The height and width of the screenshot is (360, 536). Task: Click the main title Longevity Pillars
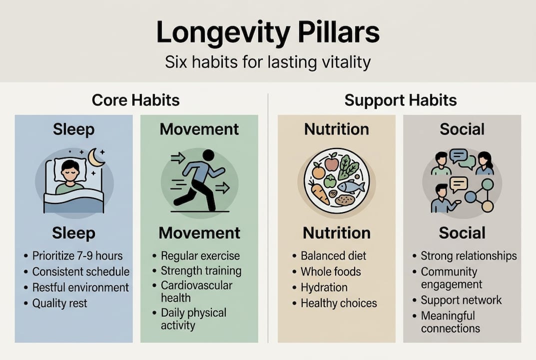tap(268, 32)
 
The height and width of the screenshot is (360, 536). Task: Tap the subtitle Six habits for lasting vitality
tap(268, 62)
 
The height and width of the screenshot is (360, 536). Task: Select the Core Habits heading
tap(136, 100)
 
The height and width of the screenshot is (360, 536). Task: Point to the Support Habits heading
tap(401, 100)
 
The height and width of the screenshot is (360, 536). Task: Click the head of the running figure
tap(208, 155)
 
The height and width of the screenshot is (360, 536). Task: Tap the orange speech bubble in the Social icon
tap(459, 185)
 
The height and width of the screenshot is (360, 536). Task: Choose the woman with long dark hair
tap(485, 163)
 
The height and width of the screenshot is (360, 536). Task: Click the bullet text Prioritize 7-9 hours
tap(77, 255)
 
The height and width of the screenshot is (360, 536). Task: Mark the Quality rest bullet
tap(60, 303)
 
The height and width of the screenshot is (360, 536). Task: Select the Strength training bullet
tap(201, 270)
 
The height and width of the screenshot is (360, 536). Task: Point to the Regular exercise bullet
tap(200, 255)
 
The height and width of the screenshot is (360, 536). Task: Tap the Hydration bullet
tap(324, 287)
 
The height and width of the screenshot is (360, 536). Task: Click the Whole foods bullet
tap(331, 271)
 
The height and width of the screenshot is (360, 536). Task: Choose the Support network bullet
tap(461, 300)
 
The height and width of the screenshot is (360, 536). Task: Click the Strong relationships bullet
tap(469, 255)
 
